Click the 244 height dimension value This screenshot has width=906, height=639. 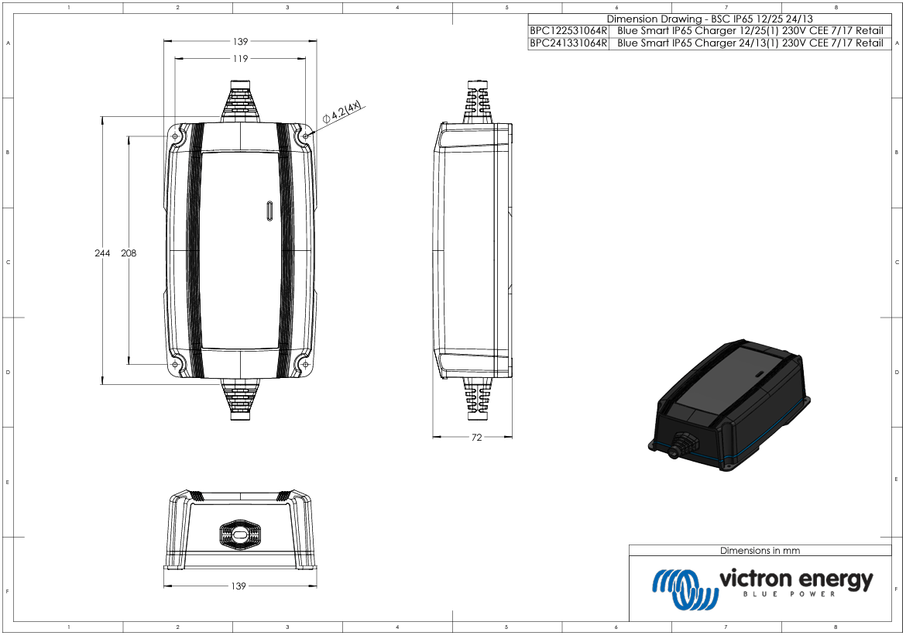click(102, 253)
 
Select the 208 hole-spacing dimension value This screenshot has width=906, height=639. click(129, 253)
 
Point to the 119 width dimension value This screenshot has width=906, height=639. click(240, 59)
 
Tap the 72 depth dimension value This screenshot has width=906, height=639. click(476, 438)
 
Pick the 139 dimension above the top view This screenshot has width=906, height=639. click(240, 41)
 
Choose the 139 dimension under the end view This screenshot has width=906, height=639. click(239, 586)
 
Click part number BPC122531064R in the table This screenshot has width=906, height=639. click(568, 31)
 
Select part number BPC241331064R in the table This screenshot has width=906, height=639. click(568, 43)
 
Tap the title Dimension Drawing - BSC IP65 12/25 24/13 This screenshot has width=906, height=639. click(709, 19)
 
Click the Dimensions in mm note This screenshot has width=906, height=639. click(760, 551)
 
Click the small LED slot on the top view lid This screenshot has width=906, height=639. click(269, 211)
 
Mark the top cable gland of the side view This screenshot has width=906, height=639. click(478, 100)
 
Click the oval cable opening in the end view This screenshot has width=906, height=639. click(239, 534)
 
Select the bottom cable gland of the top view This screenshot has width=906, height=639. click(240, 399)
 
